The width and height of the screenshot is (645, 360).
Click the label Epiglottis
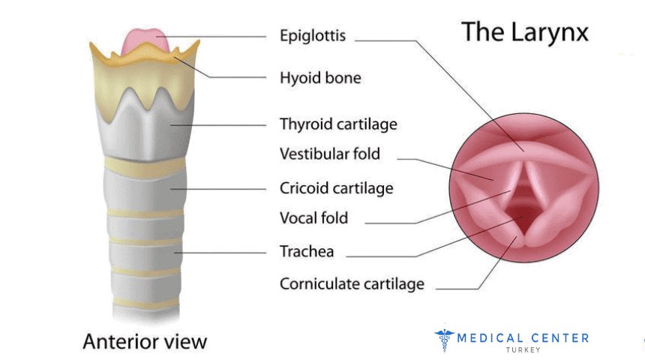click(x=312, y=36)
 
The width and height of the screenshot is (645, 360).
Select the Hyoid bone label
click(x=319, y=77)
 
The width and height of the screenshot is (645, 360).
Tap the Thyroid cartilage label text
click(x=338, y=124)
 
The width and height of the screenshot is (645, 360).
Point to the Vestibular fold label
click(x=330, y=154)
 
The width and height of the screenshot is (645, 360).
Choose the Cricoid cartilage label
click(x=336, y=187)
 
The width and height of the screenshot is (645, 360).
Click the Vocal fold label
click(x=313, y=218)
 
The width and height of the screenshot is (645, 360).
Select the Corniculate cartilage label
click(x=352, y=284)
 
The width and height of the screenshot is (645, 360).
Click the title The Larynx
click(x=524, y=32)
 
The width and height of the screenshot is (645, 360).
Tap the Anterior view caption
click(x=144, y=341)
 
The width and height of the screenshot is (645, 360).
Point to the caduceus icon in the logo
click(x=444, y=340)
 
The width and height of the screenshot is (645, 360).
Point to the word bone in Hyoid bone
click(x=343, y=77)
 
